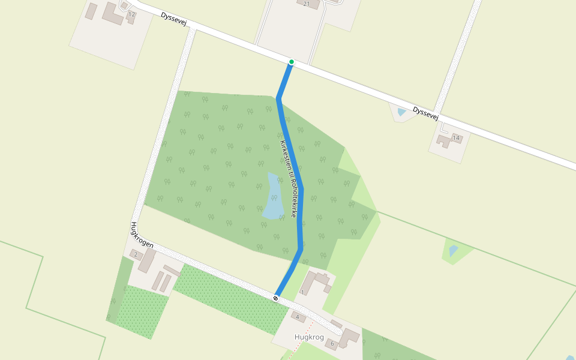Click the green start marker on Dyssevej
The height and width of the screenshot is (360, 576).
pos(291,62)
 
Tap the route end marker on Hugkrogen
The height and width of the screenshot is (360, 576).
pos(275,298)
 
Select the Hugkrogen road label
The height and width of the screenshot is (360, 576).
pos(142,235)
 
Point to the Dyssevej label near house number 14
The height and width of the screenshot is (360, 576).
pos(426,113)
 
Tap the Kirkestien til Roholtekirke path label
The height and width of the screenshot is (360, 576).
pos(289,179)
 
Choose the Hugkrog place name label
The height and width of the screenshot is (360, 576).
pos(309,337)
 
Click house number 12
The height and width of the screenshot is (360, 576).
pos(131,14)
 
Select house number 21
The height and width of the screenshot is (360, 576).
pos(307,4)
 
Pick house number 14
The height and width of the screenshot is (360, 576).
pos(456,138)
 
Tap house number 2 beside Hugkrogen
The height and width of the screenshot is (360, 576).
pos(136,255)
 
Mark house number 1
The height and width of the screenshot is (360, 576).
pos(302,292)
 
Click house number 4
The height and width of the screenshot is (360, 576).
pos(297,317)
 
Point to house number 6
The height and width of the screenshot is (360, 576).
pos(332,344)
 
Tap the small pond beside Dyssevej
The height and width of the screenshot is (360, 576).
pos(401,112)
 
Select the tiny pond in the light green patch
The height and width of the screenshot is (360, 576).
pos(454,250)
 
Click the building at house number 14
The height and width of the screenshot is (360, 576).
pos(446,142)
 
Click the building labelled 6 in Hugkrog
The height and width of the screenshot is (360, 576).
pos(348,337)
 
